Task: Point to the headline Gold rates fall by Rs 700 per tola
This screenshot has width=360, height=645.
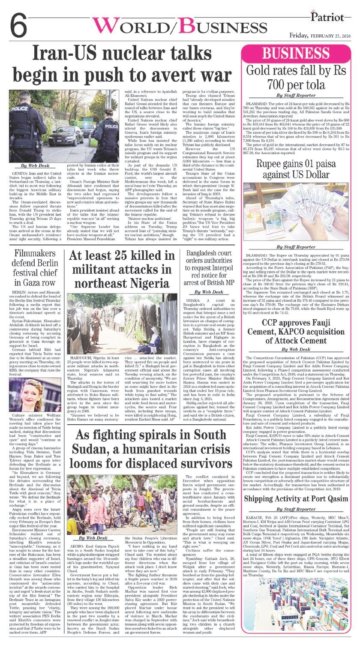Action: [x=299, y=78]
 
